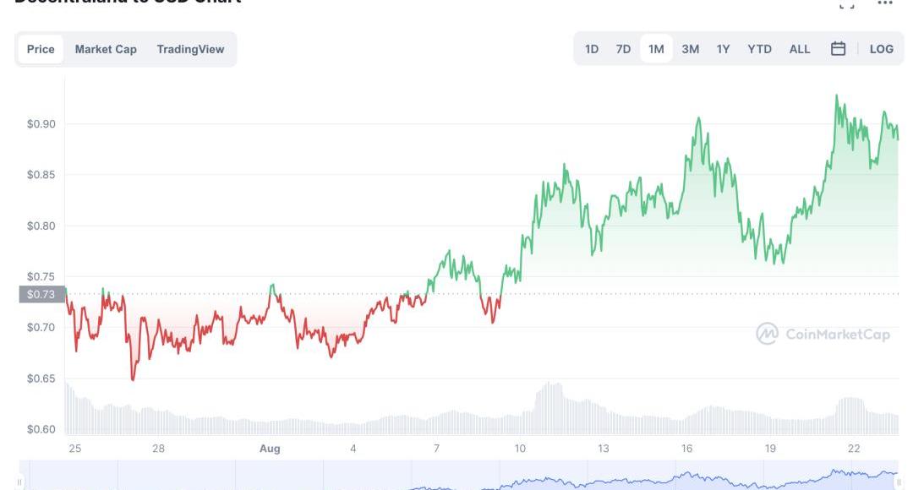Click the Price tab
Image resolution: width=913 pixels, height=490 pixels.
coord(41,49)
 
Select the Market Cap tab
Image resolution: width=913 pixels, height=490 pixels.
coord(106,49)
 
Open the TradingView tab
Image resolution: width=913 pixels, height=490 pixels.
coord(190,49)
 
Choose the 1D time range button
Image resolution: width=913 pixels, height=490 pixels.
coord(592,49)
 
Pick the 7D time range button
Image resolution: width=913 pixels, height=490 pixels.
coord(623,49)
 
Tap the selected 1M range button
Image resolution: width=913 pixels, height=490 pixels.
coord(656,49)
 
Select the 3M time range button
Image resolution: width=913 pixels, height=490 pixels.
coord(690,49)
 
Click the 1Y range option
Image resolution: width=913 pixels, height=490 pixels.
coord(723,49)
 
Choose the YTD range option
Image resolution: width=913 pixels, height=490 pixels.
coord(759,49)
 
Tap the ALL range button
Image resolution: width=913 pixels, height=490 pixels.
coord(799,49)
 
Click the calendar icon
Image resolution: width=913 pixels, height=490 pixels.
coord(838,49)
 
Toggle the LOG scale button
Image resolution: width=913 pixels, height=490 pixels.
coord(881,49)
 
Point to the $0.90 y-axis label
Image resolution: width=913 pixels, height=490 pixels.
coord(41,124)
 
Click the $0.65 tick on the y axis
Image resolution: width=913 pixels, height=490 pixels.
coord(41,378)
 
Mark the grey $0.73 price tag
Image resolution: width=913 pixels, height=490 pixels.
coord(41,294)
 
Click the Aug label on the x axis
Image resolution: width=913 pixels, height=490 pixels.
coord(269,449)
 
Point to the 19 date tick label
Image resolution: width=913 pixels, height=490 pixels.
coord(770,449)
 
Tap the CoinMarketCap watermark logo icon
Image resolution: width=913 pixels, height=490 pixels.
coord(767,334)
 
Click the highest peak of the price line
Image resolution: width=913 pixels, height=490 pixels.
coord(836,95)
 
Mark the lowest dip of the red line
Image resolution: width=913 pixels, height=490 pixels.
coord(133,379)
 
